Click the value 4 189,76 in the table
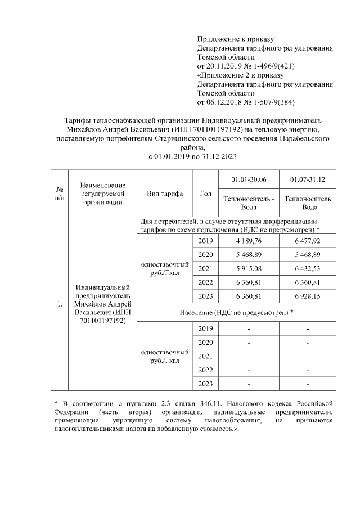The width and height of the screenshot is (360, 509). pyautogui.click(x=249, y=241)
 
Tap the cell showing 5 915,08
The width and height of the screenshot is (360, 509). pyautogui.click(x=249, y=268)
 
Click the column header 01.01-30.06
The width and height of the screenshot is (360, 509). pyautogui.click(x=249, y=179)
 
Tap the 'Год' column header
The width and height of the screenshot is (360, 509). pyautogui.click(x=205, y=193)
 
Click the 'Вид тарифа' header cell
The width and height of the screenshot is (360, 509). pyautogui.click(x=165, y=193)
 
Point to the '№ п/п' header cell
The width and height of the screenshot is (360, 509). pyautogui.click(x=59, y=193)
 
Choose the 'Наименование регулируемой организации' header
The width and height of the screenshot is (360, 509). pyautogui.click(x=102, y=193)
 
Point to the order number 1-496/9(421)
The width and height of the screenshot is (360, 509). pyautogui.click(x=270, y=66)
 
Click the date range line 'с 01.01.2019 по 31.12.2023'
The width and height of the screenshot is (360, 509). pyautogui.click(x=193, y=157)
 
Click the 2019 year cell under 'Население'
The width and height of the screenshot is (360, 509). pyautogui.click(x=205, y=328)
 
